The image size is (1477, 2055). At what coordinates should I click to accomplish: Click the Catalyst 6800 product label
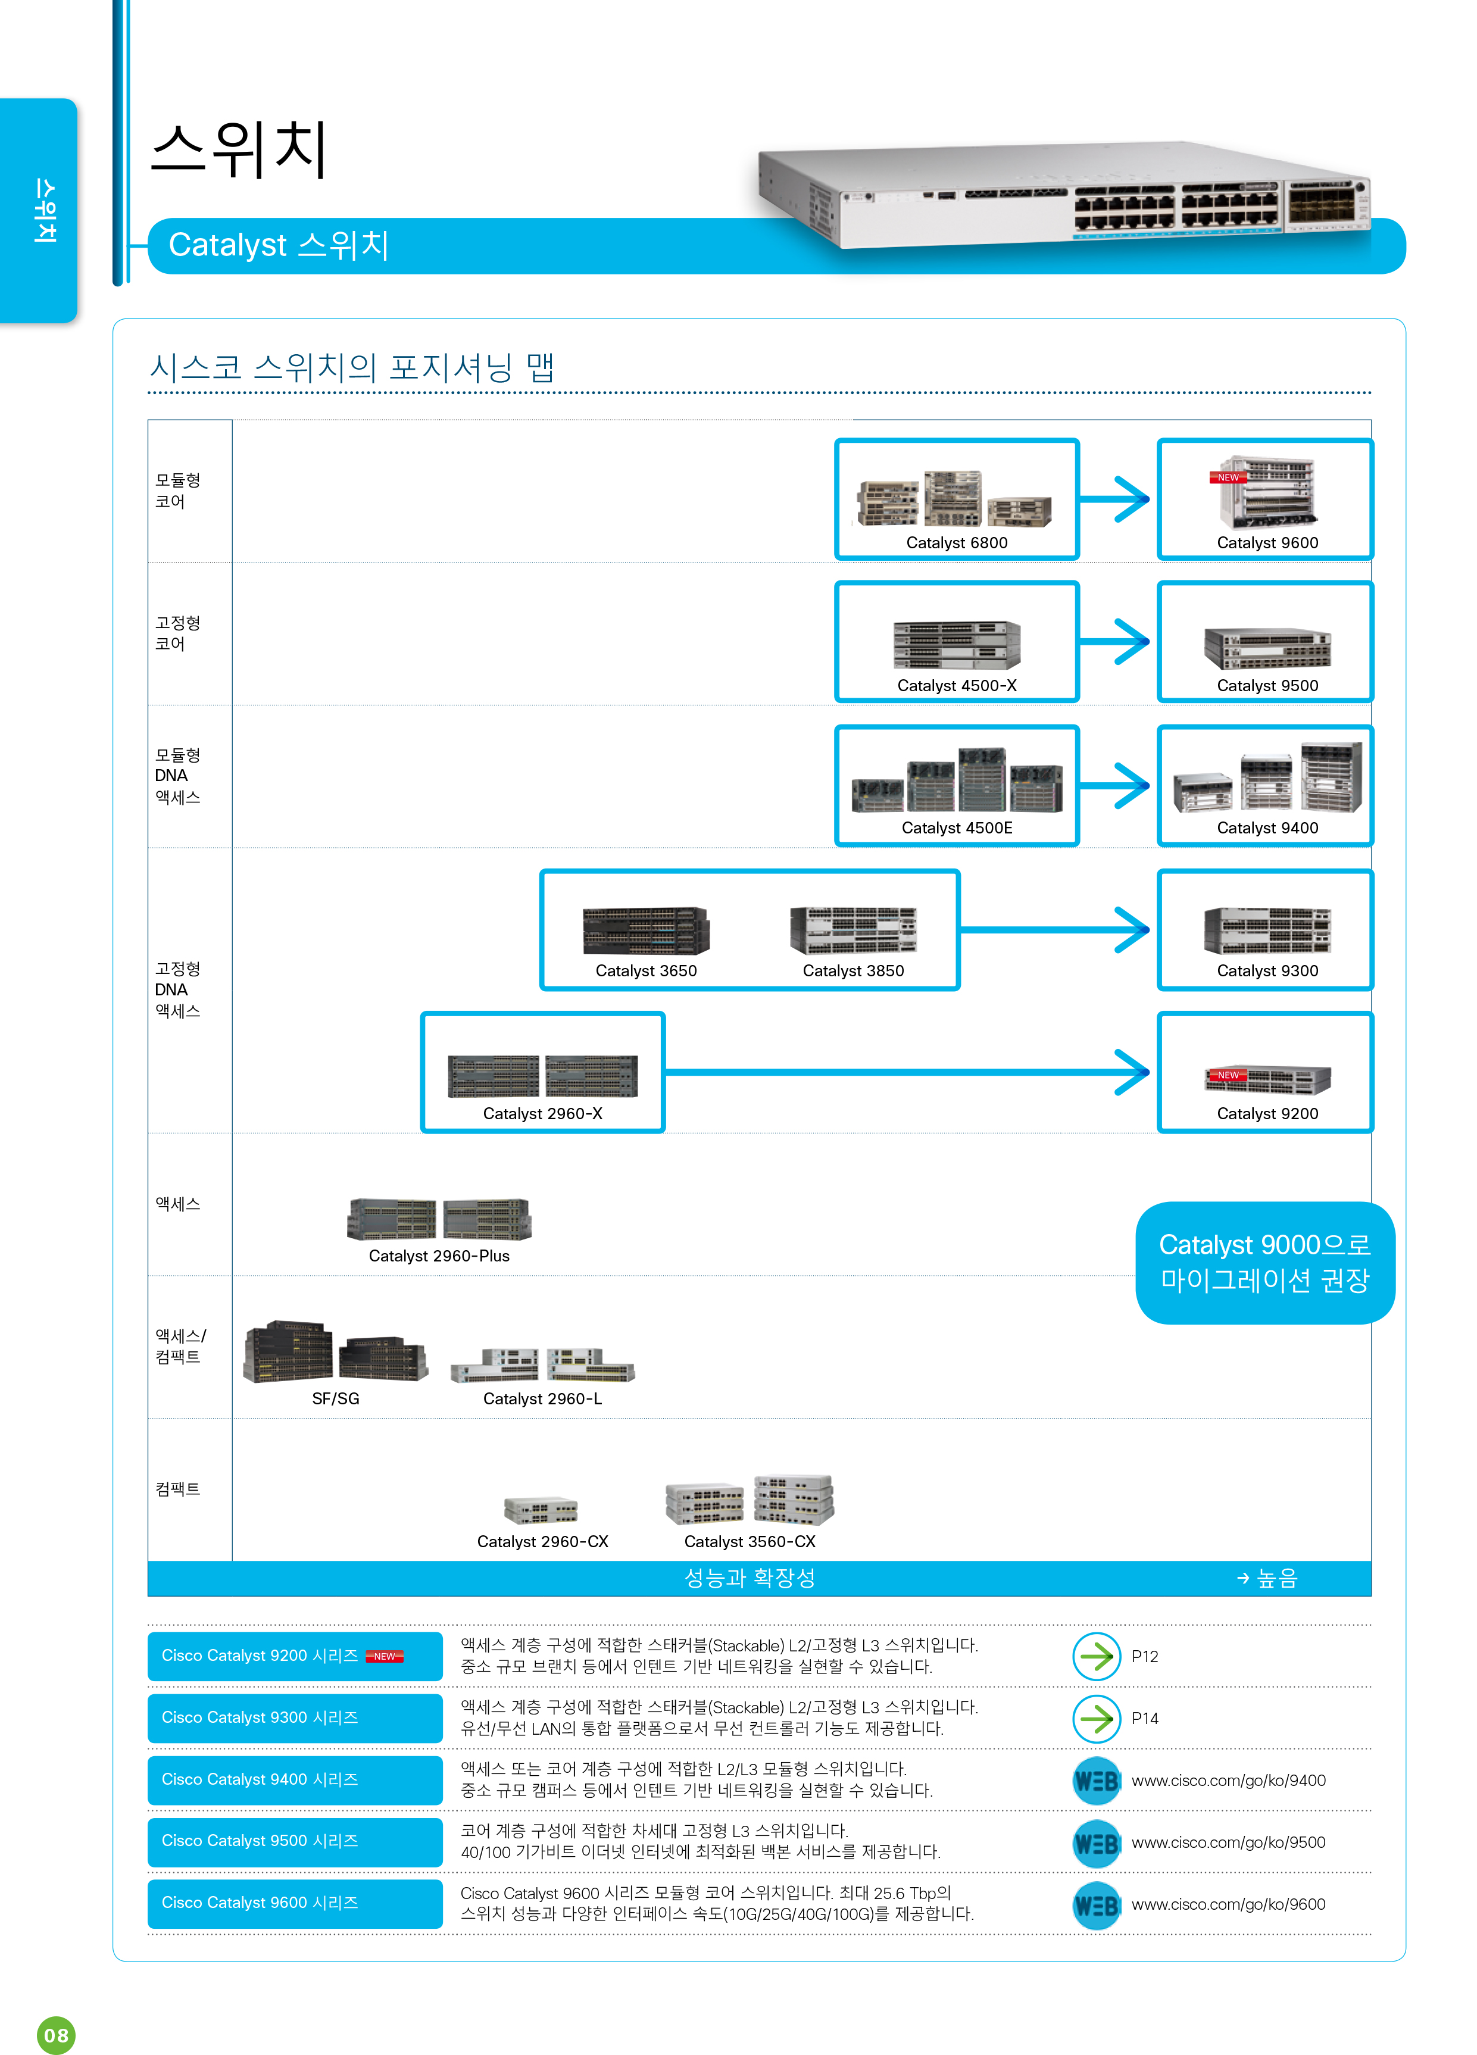(956, 543)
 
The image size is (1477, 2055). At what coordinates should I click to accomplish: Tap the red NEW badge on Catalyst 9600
(1228, 477)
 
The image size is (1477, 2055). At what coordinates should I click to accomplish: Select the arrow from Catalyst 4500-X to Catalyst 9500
(1114, 642)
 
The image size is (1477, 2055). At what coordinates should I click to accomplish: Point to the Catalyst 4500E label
(957, 828)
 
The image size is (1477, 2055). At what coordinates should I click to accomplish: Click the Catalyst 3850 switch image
(854, 930)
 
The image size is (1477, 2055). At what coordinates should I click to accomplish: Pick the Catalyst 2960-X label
(543, 1114)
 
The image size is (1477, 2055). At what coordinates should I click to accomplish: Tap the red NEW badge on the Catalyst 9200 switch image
(1228, 1076)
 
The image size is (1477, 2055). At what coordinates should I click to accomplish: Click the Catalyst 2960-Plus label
(439, 1256)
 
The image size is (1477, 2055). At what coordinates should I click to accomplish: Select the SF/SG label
(335, 1399)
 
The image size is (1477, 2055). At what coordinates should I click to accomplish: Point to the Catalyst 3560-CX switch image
(750, 1500)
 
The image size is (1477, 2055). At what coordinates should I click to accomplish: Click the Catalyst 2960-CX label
(543, 1542)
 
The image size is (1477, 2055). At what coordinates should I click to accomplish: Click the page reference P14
(1144, 1719)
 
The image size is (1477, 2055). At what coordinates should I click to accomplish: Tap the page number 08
(56, 2036)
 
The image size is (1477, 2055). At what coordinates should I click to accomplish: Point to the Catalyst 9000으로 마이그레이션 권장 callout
(1265, 1263)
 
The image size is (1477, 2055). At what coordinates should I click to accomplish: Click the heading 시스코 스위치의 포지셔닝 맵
(352, 368)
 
